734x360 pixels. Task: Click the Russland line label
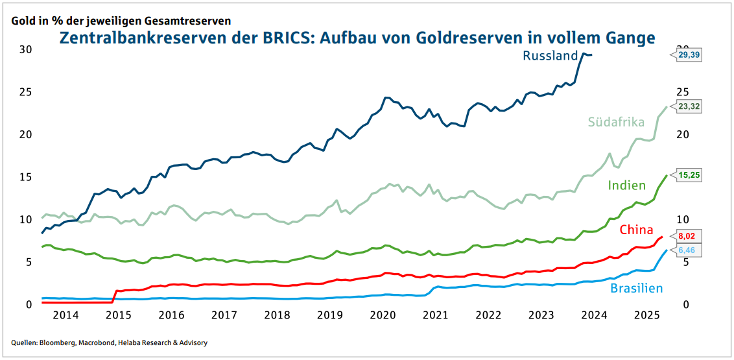tap(550, 56)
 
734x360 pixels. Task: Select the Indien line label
tap(626, 186)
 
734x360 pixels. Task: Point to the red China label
tap(635, 230)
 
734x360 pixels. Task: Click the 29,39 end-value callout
tap(689, 56)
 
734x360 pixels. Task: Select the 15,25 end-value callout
tap(689, 174)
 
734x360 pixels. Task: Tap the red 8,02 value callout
tap(689, 236)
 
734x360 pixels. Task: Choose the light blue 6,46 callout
tap(689, 250)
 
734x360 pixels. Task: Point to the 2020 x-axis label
tap(383, 315)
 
